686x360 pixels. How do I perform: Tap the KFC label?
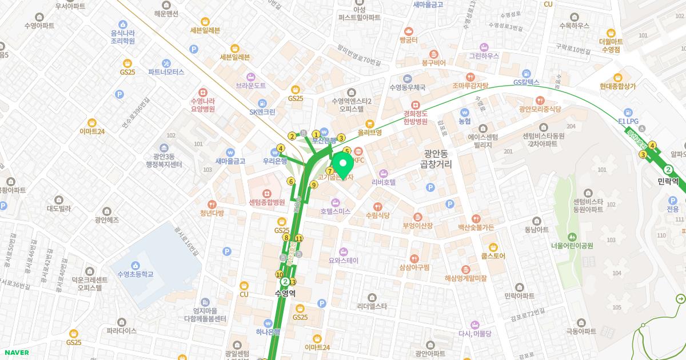[359, 160]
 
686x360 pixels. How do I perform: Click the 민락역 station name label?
[668, 181]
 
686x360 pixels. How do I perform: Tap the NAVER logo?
[15, 353]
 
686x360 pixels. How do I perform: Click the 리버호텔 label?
[384, 182]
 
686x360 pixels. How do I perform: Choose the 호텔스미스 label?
[335, 211]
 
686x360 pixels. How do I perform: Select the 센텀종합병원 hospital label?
[267, 202]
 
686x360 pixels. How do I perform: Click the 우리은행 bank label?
[275, 161]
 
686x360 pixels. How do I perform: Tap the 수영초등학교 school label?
[135, 274]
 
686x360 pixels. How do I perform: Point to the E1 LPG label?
[628, 122]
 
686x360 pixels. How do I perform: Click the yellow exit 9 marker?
[314, 185]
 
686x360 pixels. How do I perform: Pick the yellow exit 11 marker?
[298, 239]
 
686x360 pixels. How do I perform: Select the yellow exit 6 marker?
[291, 182]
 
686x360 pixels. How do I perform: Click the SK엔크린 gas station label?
[262, 112]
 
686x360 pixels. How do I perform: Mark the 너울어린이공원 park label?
[572, 246]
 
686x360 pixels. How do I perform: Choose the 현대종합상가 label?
[618, 86]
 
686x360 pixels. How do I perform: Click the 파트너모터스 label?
[166, 72]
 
